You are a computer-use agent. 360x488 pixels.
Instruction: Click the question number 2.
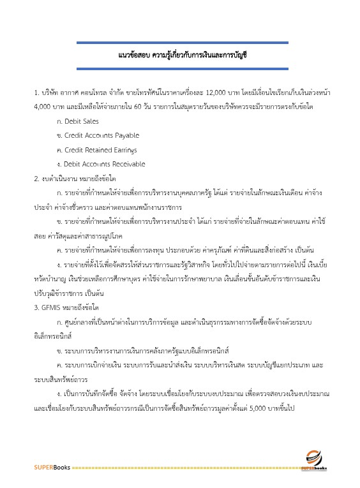click(36, 179)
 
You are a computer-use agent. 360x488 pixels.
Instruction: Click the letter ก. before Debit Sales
click(59, 121)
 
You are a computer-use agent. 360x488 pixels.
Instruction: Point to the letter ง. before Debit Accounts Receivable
click(59, 165)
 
